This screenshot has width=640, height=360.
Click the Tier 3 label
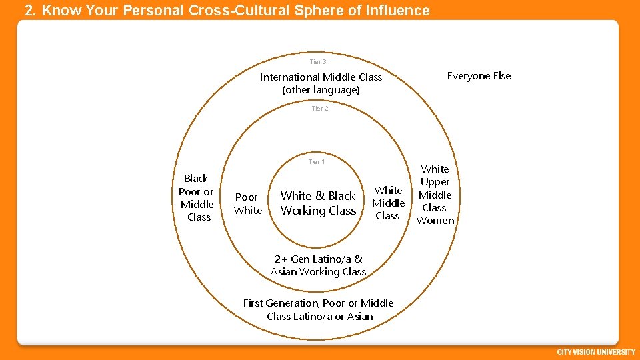[318, 62]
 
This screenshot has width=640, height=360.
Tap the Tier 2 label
[320, 109]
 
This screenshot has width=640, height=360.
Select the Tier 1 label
[317, 162]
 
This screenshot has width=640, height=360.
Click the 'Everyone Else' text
[479, 76]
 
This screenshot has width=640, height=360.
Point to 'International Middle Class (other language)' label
[321, 83]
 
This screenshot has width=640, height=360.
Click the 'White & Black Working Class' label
[318, 203]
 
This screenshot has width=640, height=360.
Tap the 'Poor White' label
[247, 204]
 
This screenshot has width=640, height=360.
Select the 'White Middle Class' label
[388, 203]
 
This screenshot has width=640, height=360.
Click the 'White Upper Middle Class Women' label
[435, 195]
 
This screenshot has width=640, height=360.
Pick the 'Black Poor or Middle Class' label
[197, 197]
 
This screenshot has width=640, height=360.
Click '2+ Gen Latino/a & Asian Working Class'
[318, 265]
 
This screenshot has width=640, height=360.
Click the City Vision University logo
[595, 352]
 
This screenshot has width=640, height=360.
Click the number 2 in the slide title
[29, 11]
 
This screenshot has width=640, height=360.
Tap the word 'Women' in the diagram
[435, 221]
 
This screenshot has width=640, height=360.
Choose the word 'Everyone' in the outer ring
[467, 76]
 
